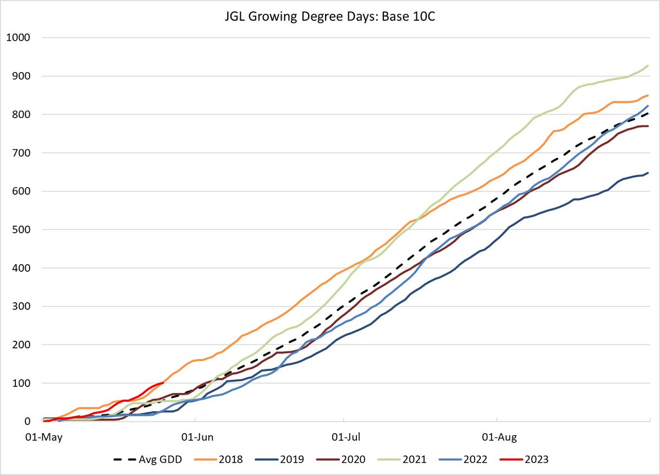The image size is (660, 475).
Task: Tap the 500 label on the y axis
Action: [20, 230]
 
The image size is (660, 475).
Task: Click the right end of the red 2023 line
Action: [163, 383]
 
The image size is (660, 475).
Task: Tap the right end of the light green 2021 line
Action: [648, 65]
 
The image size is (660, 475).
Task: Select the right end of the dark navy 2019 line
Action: [648, 173]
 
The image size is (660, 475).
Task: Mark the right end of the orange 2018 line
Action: [648, 95]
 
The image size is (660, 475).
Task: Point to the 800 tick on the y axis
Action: [20, 114]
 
